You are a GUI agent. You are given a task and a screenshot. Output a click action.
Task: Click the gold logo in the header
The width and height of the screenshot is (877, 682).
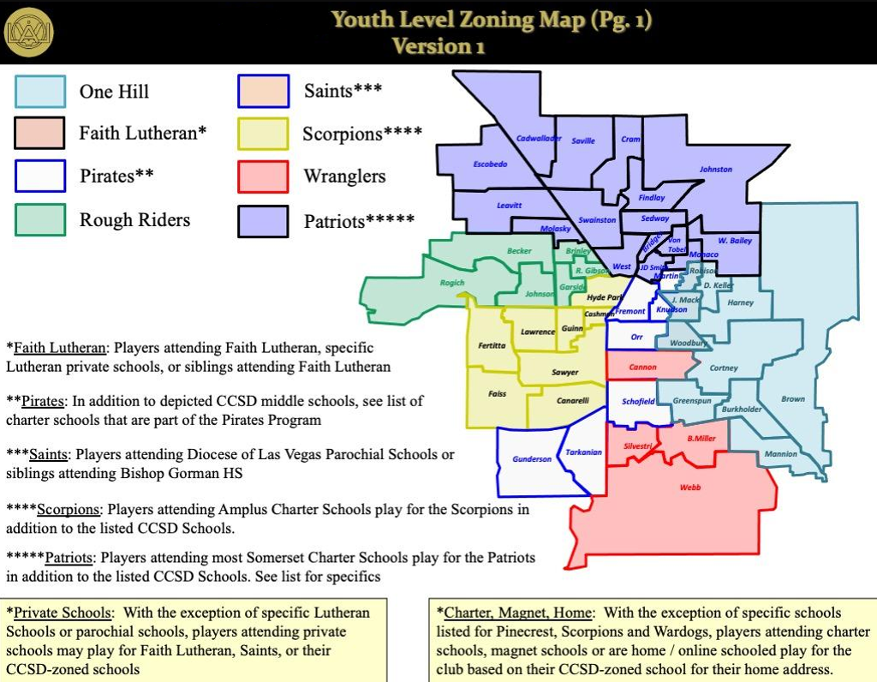pos(29,32)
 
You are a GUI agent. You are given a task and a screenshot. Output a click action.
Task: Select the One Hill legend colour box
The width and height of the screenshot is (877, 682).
pos(40,92)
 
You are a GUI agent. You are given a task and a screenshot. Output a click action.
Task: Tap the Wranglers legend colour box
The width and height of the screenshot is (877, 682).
pos(263,176)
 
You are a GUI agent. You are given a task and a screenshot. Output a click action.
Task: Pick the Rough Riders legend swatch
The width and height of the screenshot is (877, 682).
pos(40,219)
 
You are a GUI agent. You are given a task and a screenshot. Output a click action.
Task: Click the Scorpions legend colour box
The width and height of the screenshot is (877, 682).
pos(263,134)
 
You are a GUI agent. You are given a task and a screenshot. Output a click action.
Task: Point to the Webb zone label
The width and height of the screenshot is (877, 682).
pos(689,487)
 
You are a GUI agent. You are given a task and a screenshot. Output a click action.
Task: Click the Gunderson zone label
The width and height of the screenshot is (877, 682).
pos(532,459)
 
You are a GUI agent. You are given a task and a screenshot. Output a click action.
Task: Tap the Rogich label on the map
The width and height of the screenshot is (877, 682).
pos(452,283)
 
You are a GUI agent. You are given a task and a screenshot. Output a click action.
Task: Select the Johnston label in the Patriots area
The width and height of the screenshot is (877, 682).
pos(716,170)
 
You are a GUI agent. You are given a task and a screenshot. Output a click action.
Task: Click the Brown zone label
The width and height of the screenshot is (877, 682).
pos(793,399)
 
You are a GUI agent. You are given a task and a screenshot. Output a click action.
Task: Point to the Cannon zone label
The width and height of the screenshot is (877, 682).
pos(642,368)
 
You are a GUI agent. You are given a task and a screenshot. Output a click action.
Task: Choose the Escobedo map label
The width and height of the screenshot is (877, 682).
pos(490,164)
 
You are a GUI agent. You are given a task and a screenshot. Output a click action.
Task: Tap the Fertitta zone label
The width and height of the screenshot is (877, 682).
pos(492,345)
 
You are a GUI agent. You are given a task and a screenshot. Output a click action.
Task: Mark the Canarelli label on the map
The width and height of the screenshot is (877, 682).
pos(573,400)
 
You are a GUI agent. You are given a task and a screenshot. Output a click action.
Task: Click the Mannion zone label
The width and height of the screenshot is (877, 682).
pos(780,454)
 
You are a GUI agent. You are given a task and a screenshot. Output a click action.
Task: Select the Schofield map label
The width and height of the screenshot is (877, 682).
pos(638,401)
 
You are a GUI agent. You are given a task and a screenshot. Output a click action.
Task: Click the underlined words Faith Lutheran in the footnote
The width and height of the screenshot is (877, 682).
pos(60,348)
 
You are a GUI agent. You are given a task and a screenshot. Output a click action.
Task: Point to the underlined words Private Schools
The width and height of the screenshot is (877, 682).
pos(63,613)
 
